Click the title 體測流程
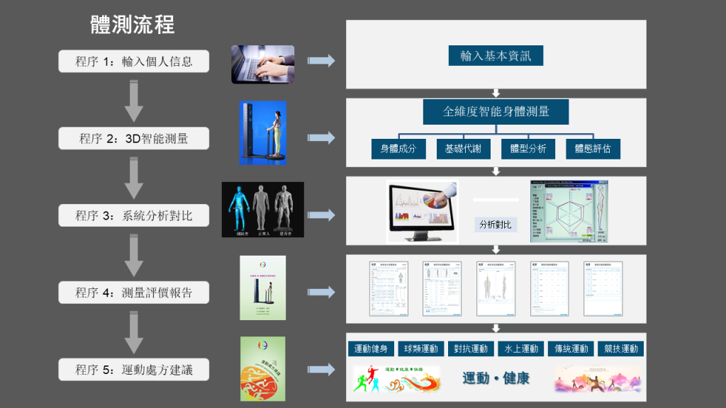point(133,25)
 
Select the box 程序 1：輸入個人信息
point(134,61)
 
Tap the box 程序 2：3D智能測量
point(134,138)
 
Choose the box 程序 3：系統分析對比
point(134,215)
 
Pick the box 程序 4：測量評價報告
point(134,293)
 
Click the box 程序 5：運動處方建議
point(134,369)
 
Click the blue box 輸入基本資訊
point(496,55)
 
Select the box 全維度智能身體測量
point(496,111)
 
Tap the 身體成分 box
point(398,149)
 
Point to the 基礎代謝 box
point(463,149)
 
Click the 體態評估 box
point(593,149)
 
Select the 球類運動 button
point(421,348)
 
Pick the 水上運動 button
point(521,348)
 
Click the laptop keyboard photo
point(262,64)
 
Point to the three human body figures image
point(262,209)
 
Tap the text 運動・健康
point(496,378)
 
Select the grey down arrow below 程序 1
point(134,101)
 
